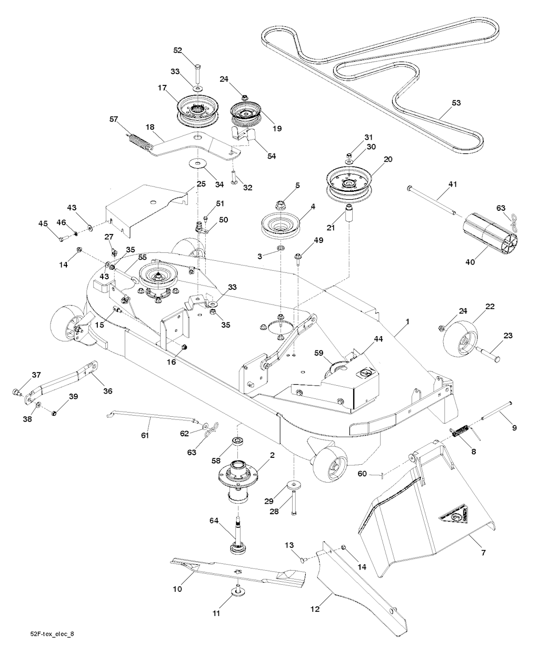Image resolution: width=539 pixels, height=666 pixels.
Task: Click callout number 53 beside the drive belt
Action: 456,103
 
